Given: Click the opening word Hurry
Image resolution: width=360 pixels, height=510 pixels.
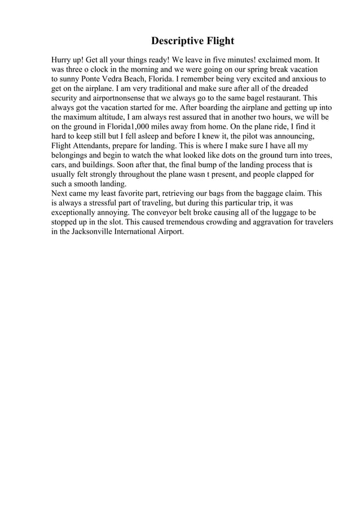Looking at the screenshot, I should (x=63, y=59).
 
